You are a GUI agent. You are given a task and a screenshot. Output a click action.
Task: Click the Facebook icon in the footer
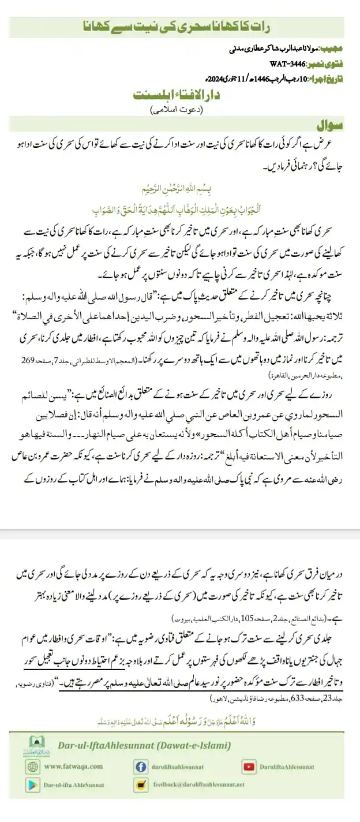pos(140,767)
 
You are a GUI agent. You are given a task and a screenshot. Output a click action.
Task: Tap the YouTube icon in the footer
pos(249,767)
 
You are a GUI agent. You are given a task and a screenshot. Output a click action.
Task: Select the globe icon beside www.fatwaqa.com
pos(33,767)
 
